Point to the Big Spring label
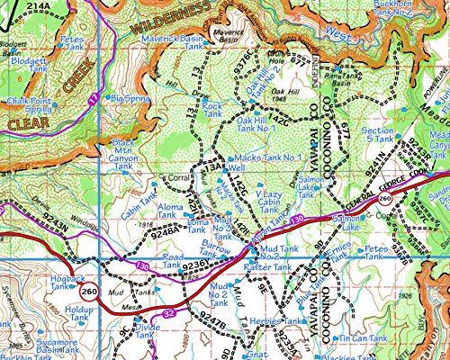130,97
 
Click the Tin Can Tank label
360,338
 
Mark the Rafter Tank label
264,267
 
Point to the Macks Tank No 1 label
266,157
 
